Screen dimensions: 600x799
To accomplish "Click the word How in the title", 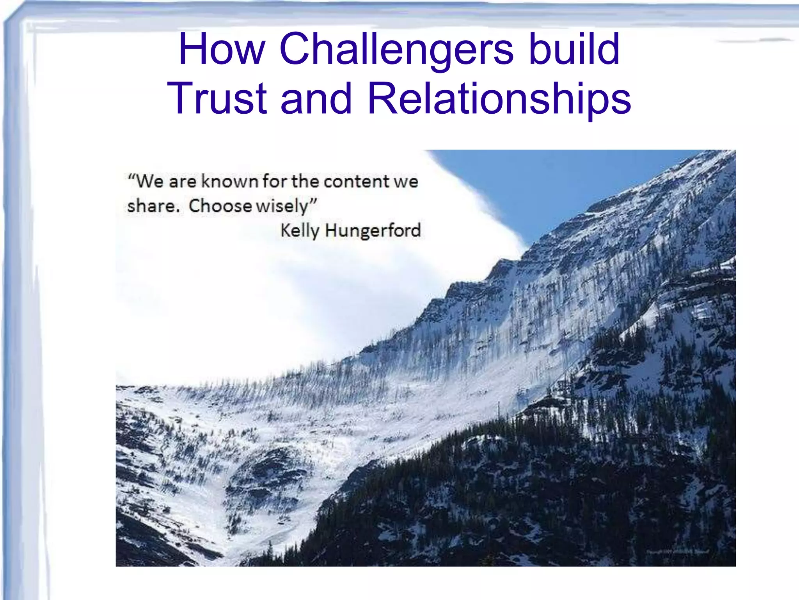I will pyautogui.click(x=222, y=50).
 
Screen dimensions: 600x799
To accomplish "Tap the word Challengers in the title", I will pyautogui.click(x=396, y=50).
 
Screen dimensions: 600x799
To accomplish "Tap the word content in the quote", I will pyautogui.click(x=357, y=182).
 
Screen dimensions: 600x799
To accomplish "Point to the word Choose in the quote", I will pyautogui.click(x=220, y=206).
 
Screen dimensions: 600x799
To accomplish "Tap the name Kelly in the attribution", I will pyautogui.click(x=300, y=230).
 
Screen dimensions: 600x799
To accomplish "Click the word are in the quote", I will pyautogui.click(x=182, y=182).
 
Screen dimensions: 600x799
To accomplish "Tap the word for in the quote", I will pyautogui.click(x=275, y=181).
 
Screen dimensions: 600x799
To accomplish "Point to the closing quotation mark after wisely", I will pyautogui.click(x=313, y=202).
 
